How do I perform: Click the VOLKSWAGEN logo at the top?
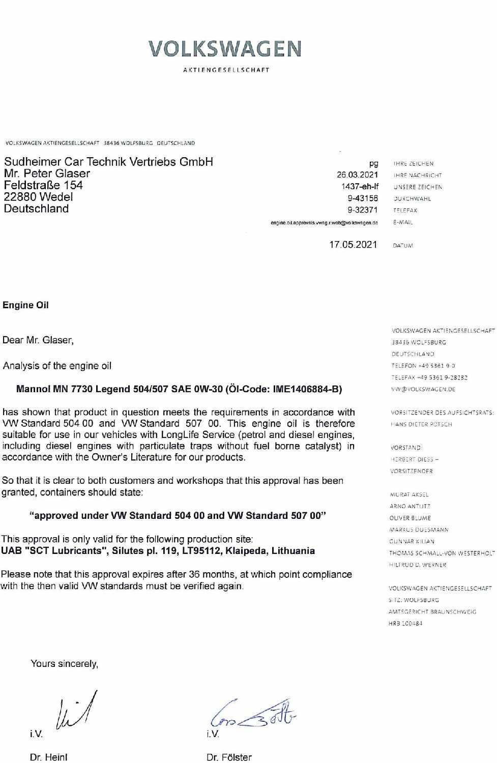(x=225, y=49)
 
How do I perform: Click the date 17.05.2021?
(x=353, y=245)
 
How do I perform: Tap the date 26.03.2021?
(x=357, y=175)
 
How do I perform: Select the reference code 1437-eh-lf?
(x=360, y=187)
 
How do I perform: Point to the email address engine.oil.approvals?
(x=324, y=223)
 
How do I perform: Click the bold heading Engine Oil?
(x=25, y=305)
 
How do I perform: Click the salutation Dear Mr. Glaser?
(x=38, y=340)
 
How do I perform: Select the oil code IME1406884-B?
(x=307, y=390)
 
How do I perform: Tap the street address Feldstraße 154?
(x=43, y=185)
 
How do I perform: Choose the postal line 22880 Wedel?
(x=38, y=197)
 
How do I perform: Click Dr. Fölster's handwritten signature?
(x=253, y=713)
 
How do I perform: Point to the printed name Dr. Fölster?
(x=229, y=757)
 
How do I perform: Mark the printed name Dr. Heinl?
(x=48, y=757)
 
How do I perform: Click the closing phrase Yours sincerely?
(x=64, y=664)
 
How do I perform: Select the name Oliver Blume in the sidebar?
(x=410, y=518)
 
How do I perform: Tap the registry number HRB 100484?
(x=405, y=624)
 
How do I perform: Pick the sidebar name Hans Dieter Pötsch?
(x=421, y=424)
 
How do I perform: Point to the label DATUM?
(x=403, y=246)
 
